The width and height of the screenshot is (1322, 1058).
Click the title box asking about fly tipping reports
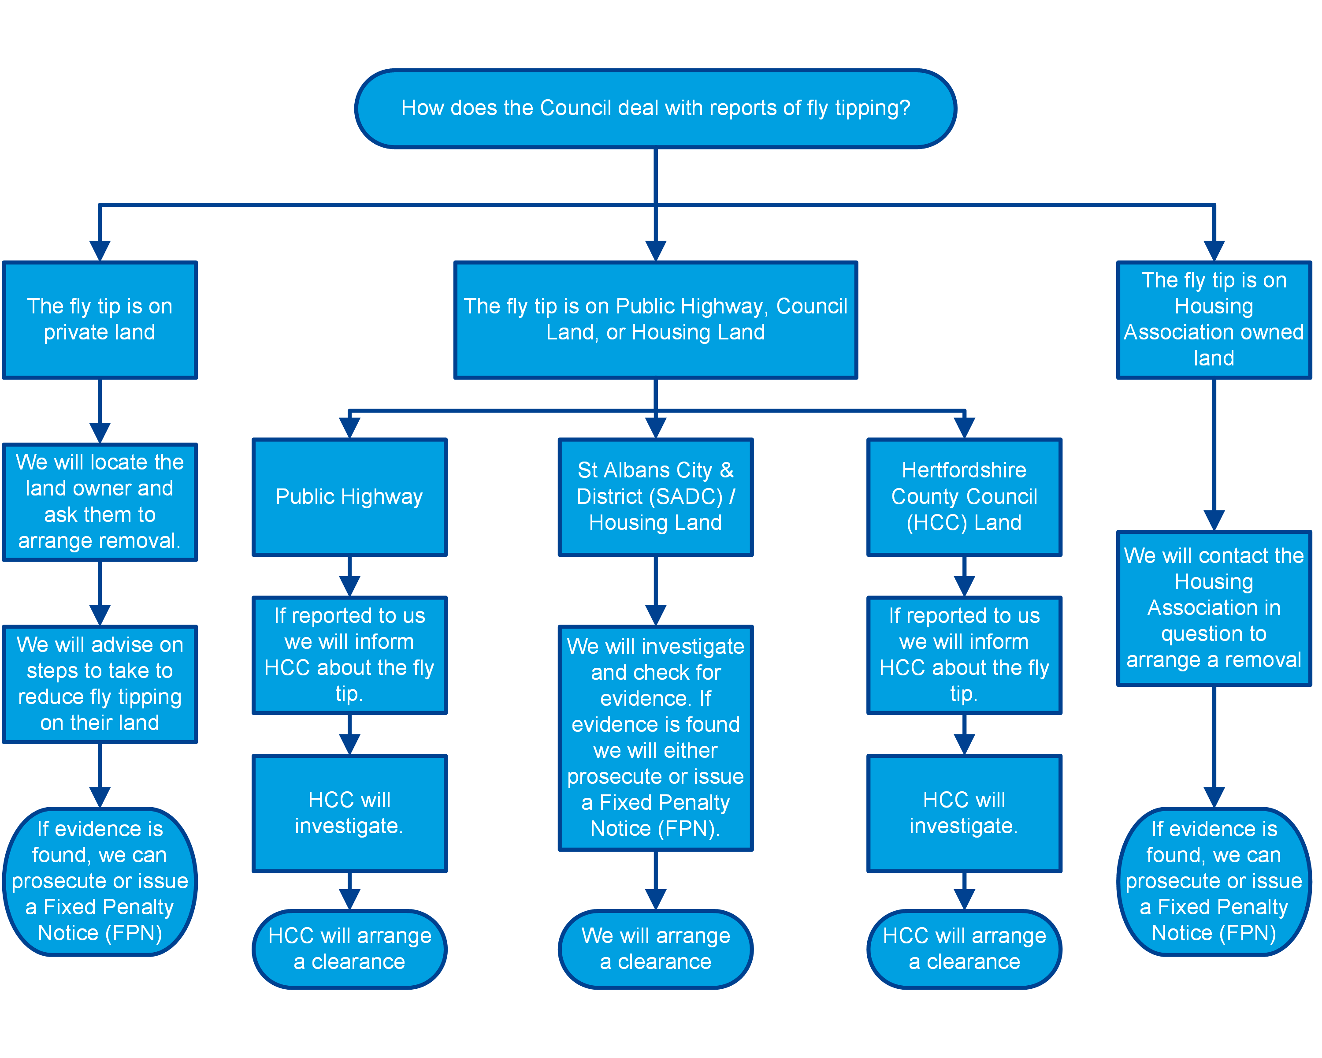click(x=655, y=108)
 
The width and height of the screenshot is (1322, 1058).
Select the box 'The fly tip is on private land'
click(x=100, y=320)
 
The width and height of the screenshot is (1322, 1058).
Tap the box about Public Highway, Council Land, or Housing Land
click(x=655, y=320)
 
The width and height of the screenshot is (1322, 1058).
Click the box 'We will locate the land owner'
click(x=100, y=501)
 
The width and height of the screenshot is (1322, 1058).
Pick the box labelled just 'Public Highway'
click(x=349, y=497)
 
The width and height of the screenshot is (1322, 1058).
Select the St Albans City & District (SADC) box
click(x=655, y=497)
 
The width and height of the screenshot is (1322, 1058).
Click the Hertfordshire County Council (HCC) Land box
click(x=963, y=497)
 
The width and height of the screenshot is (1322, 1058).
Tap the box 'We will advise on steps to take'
click(x=100, y=683)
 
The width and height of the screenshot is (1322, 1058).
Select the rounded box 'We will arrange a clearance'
click(x=655, y=948)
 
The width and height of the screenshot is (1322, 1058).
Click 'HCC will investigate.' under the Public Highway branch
click(x=349, y=812)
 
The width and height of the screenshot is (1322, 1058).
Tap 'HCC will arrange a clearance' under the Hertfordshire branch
click(x=963, y=948)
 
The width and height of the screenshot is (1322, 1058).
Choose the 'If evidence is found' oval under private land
click(x=100, y=881)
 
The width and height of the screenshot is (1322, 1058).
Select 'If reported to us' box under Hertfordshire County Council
click(x=963, y=655)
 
